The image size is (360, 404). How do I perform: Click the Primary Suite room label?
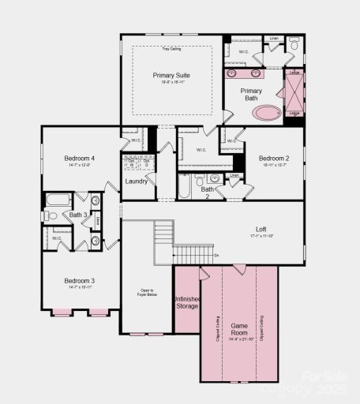click(171, 75)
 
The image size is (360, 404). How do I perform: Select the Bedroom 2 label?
click(275, 158)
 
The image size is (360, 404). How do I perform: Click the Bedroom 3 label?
click(80, 281)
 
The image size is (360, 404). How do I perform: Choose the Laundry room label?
click(137, 181)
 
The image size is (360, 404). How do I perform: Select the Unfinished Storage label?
click(186, 303)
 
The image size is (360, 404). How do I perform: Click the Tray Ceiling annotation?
click(171, 50)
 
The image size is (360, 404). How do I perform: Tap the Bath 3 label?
click(78, 215)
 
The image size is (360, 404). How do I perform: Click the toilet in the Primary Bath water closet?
click(294, 47)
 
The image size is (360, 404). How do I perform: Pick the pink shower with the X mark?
click(294, 93)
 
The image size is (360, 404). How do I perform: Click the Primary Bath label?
click(251, 95)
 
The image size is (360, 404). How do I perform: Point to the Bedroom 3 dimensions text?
click(80, 288)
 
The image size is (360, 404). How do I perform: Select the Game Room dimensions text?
click(239, 339)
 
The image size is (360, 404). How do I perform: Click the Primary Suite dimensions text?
click(171, 82)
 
